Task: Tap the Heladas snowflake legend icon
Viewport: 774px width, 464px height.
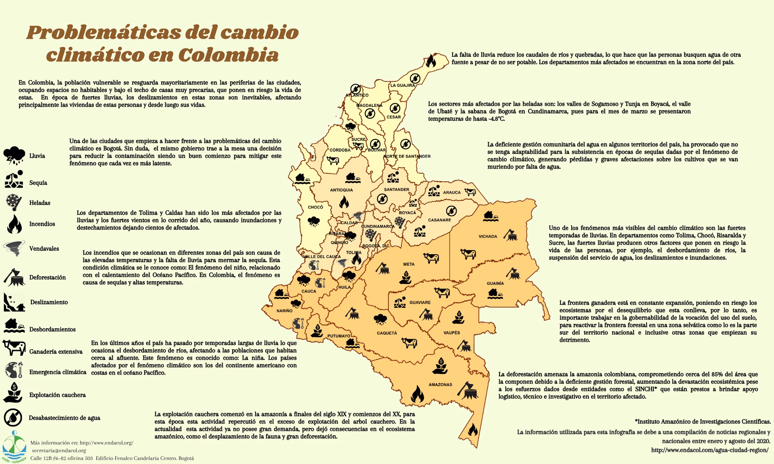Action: point(14,202)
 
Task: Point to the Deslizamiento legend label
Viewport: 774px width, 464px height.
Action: point(49,302)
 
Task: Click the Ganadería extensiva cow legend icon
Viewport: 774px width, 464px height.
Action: point(14,347)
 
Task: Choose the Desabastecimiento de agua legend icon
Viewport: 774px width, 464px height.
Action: point(13,417)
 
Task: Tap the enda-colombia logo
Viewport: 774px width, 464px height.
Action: point(15,447)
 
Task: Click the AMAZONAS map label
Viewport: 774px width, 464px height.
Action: point(440,385)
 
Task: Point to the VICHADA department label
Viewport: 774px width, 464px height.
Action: point(488,236)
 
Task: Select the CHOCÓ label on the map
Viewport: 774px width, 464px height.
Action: point(315,207)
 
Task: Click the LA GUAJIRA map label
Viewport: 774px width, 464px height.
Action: point(402,85)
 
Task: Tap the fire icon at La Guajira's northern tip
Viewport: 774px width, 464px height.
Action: point(431,61)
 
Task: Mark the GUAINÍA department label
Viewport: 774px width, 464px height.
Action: point(495,284)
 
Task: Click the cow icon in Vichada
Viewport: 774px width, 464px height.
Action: point(468,254)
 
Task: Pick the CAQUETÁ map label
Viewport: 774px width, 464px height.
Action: point(387,333)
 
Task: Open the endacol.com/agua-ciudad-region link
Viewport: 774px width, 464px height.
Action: point(710,450)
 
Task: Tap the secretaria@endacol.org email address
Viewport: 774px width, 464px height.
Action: point(59,450)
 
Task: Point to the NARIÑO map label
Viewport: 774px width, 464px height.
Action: point(284,311)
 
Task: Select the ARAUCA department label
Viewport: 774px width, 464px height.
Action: point(451,193)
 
